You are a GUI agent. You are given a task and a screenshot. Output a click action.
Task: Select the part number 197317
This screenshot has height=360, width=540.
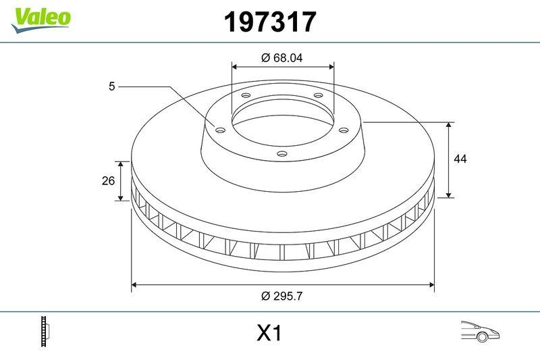[x=269, y=22]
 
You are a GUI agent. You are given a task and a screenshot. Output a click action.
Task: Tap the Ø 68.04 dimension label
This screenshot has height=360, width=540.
[x=282, y=58]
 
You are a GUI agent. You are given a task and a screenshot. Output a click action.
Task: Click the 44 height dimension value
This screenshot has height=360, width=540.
[x=460, y=159]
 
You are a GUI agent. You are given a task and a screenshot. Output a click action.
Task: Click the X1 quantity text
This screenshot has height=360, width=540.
[x=269, y=333]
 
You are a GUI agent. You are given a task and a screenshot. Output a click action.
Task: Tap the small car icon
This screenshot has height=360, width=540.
[x=479, y=331]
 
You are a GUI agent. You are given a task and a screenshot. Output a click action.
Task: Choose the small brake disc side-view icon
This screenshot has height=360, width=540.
[x=46, y=332]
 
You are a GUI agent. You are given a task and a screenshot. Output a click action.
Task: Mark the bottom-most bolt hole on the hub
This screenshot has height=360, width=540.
[x=282, y=155]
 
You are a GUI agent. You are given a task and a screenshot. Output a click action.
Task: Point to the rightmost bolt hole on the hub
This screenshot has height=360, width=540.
[x=343, y=130]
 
